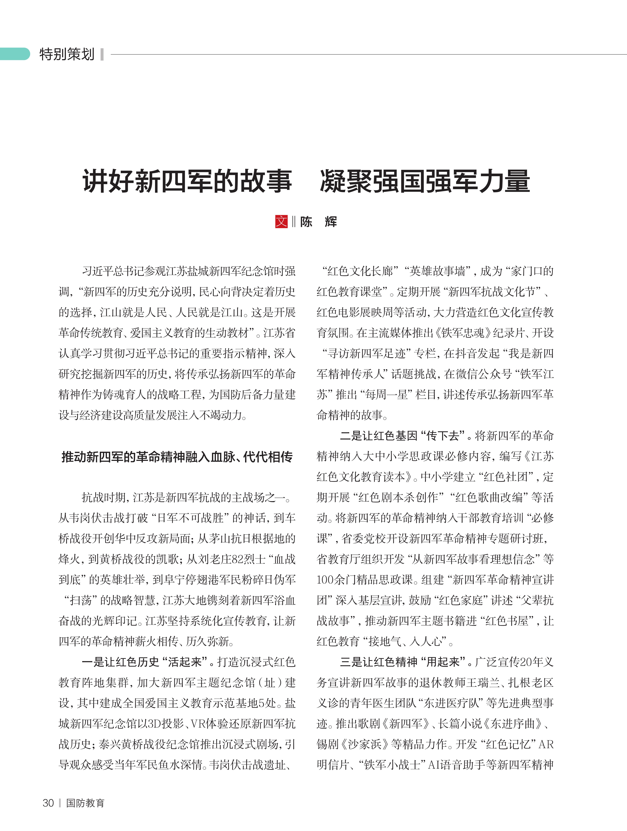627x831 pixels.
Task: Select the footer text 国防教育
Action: pyautogui.click(x=85, y=803)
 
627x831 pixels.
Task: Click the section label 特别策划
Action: pyautogui.click(x=67, y=54)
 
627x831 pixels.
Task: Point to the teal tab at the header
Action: pyautogui.click(x=15, y=54)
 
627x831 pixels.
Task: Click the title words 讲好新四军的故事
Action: pyautogui.click(x=187, y=181)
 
